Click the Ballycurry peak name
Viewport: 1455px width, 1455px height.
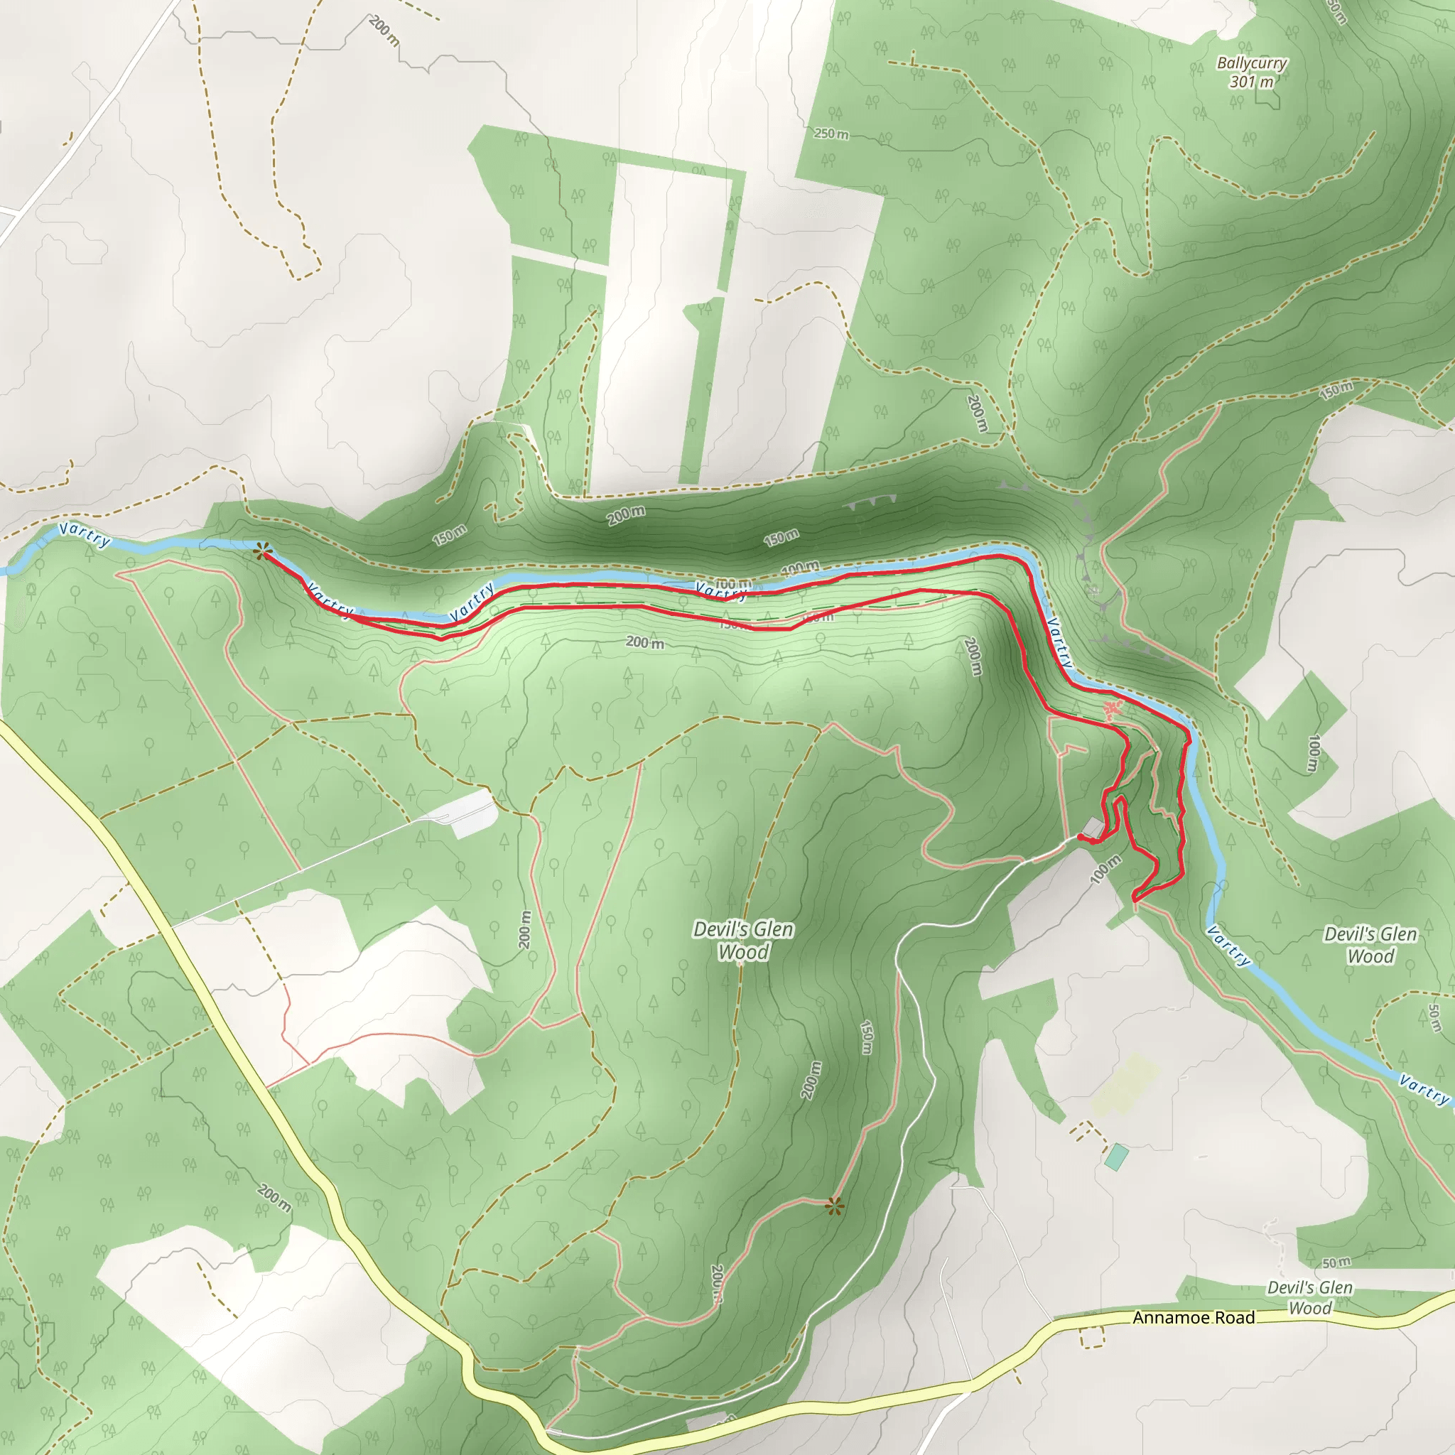click(x=1252, y=63)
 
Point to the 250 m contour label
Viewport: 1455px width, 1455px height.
click(x=831, y=134)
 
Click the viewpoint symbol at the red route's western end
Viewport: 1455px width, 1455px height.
click(x=261, y=552)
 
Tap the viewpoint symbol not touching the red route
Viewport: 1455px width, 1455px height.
click(x=833, y=1207)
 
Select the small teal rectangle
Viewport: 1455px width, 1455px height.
click(x=1116, y=1157)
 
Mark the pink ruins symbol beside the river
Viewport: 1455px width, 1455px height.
click(x=1113, y=708)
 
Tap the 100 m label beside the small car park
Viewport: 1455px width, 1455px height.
click(x=1105, y=869)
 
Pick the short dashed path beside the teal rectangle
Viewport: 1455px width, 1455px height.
click(x=1087, y=1130)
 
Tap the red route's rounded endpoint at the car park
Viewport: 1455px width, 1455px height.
click(x=1081, y=837)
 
